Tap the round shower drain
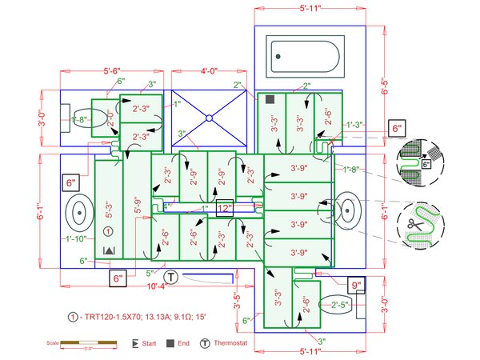tap(209, 118)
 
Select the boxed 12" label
tap(224, 208)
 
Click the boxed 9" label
tap(355, 284)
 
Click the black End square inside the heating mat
tap(270, 99)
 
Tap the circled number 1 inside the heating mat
tap(108, 231)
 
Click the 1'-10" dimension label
tap(76, 238)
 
